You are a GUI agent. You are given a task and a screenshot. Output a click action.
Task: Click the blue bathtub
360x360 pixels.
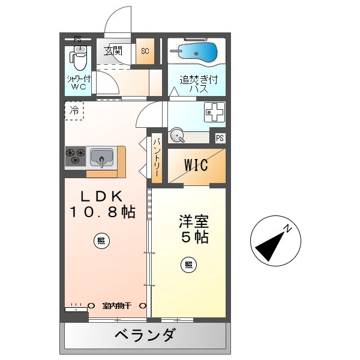click(x=197, y=52)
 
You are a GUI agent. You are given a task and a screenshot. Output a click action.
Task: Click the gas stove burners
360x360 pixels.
click(x=76, y=157)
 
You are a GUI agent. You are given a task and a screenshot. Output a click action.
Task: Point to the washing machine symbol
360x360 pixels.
click(x=178, y=136)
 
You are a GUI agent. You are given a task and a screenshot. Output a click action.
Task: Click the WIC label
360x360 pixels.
click(x=196, y=165)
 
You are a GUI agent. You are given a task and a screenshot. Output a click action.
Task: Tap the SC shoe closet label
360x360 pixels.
click(x=145, y=52)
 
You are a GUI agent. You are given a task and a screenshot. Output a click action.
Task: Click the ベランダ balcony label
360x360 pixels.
click(x=145, y=335)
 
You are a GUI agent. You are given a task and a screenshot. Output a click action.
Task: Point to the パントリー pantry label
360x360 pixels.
click(x=156, y=157)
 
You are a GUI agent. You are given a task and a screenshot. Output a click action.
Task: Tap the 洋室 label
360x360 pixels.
click(x=193, y=221)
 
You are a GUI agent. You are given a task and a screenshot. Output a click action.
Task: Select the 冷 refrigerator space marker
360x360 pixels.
click(x=74, y=110)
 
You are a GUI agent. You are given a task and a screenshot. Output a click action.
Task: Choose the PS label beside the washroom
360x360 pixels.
click(x=220, y=138)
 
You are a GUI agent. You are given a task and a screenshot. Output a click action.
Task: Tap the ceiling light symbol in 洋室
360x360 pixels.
click(x=189, y=264)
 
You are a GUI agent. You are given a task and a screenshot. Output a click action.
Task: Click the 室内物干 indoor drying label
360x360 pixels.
click(x=116, y=305)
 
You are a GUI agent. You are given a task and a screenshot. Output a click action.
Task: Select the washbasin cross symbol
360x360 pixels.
click(x=214, y=112)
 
